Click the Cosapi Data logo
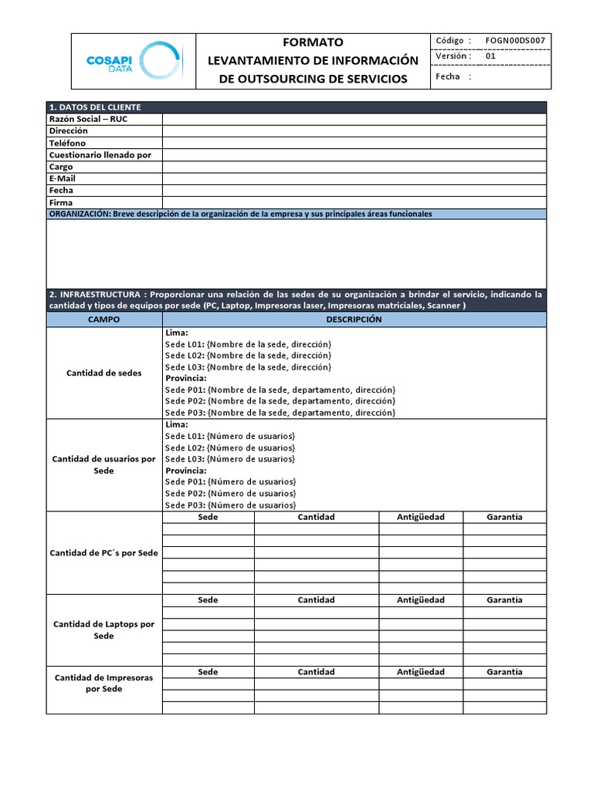(133, 61)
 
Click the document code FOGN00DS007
(515, 41)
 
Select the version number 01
(491, 56)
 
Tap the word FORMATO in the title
(313, 42)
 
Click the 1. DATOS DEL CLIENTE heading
(95, 107)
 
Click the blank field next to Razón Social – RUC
(354, 119)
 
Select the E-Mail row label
(62, 178)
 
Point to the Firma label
(60, 202)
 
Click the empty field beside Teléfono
(354, 143)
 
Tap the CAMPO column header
(104, 319)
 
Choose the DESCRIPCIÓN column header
(354, 319)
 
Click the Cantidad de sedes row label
(104, 373)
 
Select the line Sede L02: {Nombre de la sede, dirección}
(248, 355)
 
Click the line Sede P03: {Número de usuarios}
(230, 505)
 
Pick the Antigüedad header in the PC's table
(421, 517)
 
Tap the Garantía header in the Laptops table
(504, 599)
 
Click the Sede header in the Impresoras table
(208, 672)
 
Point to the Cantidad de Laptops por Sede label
(104, 630)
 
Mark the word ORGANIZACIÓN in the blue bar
(79, 214)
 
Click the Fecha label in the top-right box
(448, 76)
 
